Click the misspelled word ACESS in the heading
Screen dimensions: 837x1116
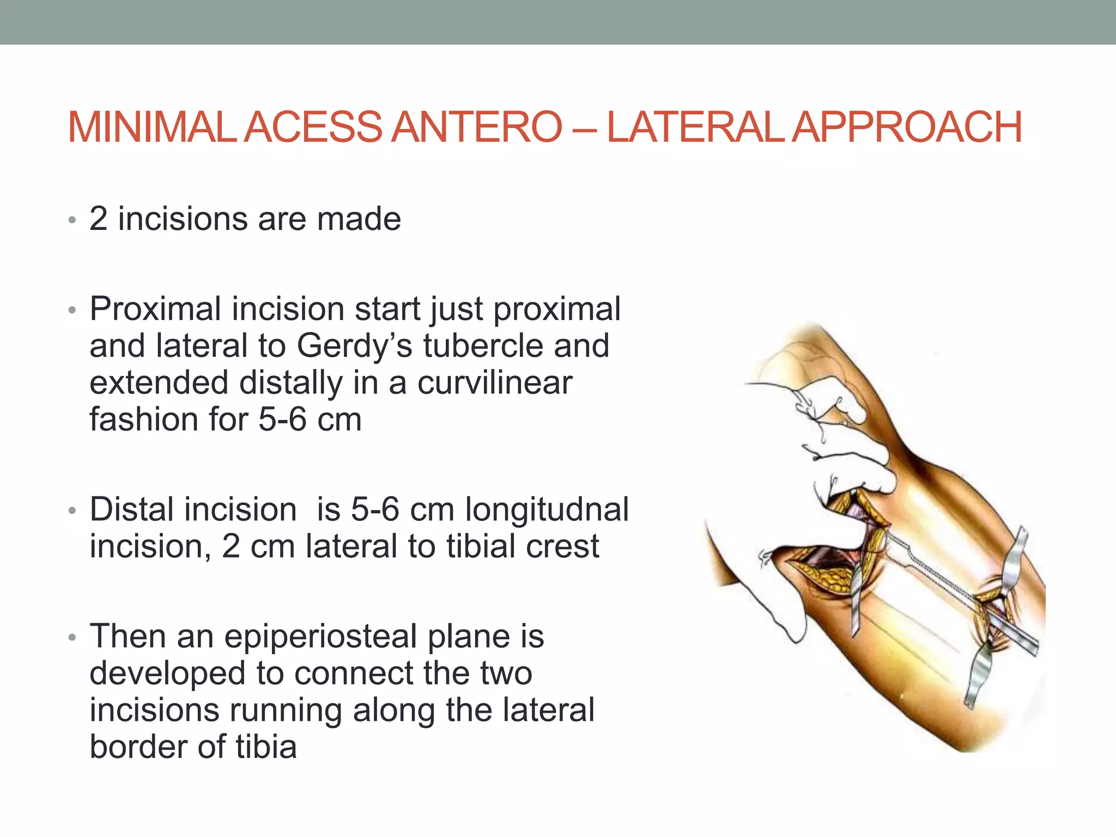[x=313, y=127]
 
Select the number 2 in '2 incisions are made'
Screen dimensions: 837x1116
[x=99, y=219]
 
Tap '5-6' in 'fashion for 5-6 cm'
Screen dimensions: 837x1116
[x=282, y=420]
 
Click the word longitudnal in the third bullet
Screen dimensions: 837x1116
[x=547, y=510]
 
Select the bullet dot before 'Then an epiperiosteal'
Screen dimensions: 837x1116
[x=72, y=638]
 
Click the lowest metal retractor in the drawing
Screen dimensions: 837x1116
[x=978, y=676]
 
